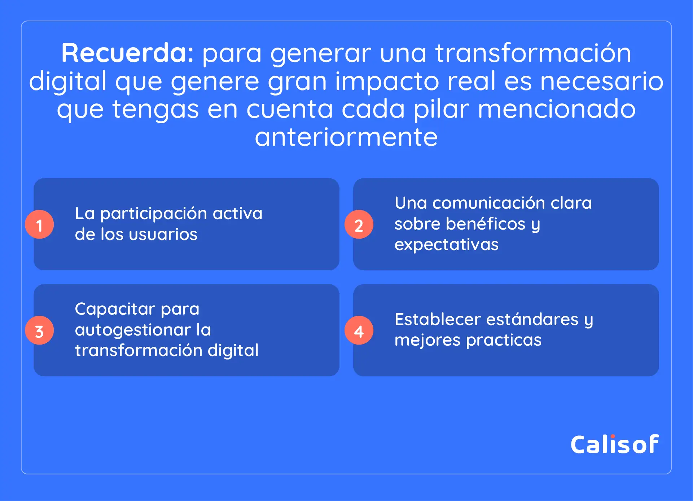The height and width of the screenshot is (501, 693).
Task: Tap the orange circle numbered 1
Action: (x=39, y=224)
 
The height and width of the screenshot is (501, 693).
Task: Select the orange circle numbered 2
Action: (x=359, y=224)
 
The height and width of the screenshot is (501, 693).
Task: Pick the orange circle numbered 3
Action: (x=39, y=330)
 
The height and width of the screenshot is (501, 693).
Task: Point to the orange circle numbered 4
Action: (x=359, y=330)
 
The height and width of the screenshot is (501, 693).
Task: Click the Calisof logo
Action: (x=615, y=444)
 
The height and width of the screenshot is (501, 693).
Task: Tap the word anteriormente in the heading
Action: (x=346, y=137)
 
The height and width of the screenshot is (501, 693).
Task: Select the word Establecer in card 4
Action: (x=438, y=319)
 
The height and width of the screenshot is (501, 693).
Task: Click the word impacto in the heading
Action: (x=387, y=82)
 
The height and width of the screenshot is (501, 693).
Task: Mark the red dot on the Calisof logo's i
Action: (x=613, y=436)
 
